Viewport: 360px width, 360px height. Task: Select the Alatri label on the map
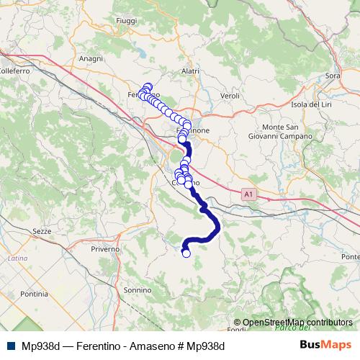[190, 71]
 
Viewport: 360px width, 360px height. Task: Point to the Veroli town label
[230, 95]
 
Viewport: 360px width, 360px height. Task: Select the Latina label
[17, 258]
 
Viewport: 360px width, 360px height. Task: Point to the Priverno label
[105, 248]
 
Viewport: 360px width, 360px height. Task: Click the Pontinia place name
[34, 294]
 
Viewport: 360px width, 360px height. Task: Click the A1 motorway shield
[248, 194]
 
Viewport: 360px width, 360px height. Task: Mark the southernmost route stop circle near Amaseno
[186, 253]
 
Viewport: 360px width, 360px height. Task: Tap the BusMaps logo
[325, 345]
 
